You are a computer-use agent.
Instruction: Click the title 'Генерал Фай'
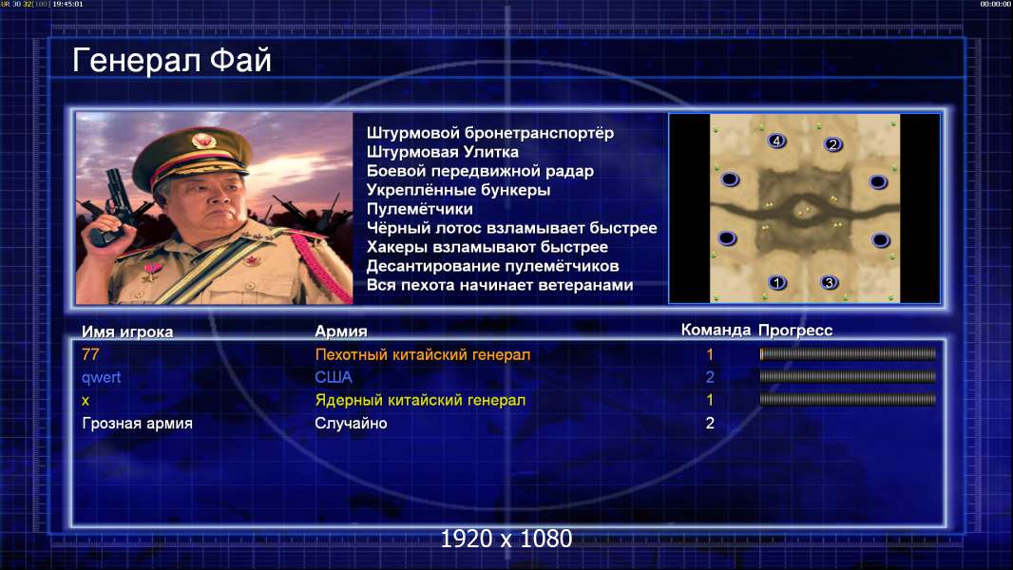click(x=171, y=61)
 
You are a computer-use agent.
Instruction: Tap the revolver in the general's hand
click(x=111, y=206)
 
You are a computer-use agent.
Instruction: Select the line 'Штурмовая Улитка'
click(x=443, y=152)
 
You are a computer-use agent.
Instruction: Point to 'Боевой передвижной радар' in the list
click(x=480, y=171)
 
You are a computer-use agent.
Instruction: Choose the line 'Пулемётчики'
click(x=419, y=209)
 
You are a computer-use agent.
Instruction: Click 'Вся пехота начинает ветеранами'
click(x=500, y=285)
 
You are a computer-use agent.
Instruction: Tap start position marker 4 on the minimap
click(x=776, y=141)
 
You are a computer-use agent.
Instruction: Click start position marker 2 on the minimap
click(x=832, y=144)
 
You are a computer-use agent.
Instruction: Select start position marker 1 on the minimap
click(x=777, y=282)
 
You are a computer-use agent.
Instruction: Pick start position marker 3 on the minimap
click(x=829, y=283)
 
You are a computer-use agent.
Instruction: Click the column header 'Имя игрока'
click(x=127, y=332)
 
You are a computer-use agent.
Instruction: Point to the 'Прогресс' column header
click(x=795, y=331)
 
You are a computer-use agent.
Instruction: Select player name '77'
click(x=90, y=354)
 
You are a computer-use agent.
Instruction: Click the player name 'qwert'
click(x=102, y=378)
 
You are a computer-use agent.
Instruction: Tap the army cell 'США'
click(x=334, y=377)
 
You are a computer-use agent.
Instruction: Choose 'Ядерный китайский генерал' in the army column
click(x=420, y=400)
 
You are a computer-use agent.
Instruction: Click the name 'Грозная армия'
click(x=137, y=424)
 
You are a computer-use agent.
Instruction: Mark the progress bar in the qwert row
click(x=848, y=377)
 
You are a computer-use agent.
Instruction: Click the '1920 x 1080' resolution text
click(x=506, y=539)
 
